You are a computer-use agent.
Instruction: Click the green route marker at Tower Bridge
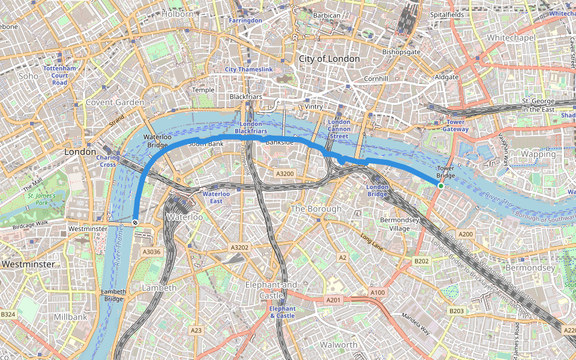tap(441, 187)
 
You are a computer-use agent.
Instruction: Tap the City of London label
tap(329, 59)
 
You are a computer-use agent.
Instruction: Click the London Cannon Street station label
tap(339, 130)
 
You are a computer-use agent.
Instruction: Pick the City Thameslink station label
tap(248, 70)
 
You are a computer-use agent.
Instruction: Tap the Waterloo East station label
tap(216, 197)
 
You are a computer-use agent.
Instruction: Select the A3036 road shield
tap(151, 252)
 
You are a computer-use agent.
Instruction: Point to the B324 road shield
tap(8, 314)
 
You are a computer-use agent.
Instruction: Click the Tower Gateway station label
tap(455, 125)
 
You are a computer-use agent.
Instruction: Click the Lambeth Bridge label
tap(114, 295)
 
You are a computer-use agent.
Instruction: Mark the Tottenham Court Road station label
tap(59, 75)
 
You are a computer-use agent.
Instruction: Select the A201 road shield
tap(334, 299)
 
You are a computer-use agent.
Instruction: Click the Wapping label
tap(538, 154)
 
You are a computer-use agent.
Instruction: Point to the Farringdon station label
tap(245, 20)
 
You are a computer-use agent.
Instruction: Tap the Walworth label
tap(338, 345)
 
